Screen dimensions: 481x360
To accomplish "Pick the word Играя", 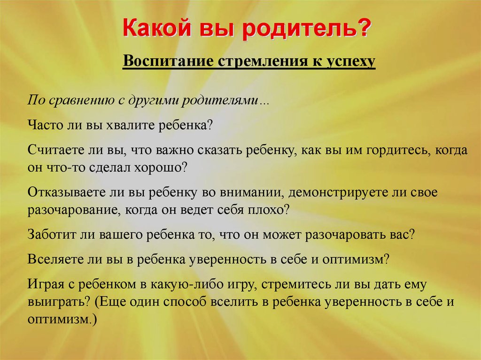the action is point(46,285).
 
